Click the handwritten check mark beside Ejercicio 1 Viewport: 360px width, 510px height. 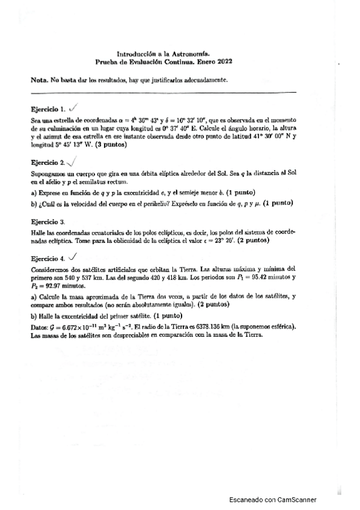[74, 108]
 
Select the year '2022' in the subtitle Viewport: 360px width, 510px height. [224, 61]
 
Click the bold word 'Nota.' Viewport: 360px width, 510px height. [40, 81]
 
